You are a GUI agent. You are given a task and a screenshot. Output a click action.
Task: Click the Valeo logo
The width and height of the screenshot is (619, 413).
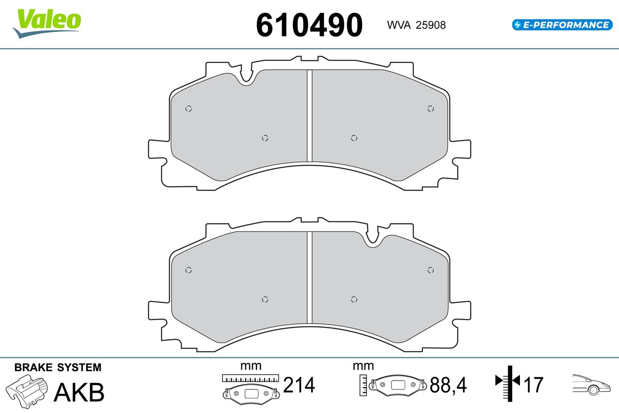tap(47, 23)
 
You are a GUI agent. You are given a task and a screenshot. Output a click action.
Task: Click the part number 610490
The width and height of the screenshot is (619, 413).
tap(309, 25)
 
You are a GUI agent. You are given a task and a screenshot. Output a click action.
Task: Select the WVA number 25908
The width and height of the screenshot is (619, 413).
tap(431, 25)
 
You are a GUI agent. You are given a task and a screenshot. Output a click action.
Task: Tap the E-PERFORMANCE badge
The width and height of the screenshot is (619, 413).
tap(562, 25)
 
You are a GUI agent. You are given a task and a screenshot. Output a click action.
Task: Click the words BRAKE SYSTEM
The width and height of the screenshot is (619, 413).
tap(58, 368)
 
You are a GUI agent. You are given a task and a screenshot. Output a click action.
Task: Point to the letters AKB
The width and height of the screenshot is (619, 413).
tap(79, 392)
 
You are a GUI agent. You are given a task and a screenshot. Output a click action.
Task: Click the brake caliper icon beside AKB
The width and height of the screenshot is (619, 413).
tap(26, 391)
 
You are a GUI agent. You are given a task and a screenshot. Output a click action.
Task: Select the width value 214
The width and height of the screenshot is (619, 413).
tap(299, 385)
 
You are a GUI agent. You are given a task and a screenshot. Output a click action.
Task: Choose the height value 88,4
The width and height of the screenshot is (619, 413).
tap(448, 385)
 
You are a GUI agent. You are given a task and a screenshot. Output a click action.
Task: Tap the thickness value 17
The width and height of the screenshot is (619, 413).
tap(533, 385)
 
